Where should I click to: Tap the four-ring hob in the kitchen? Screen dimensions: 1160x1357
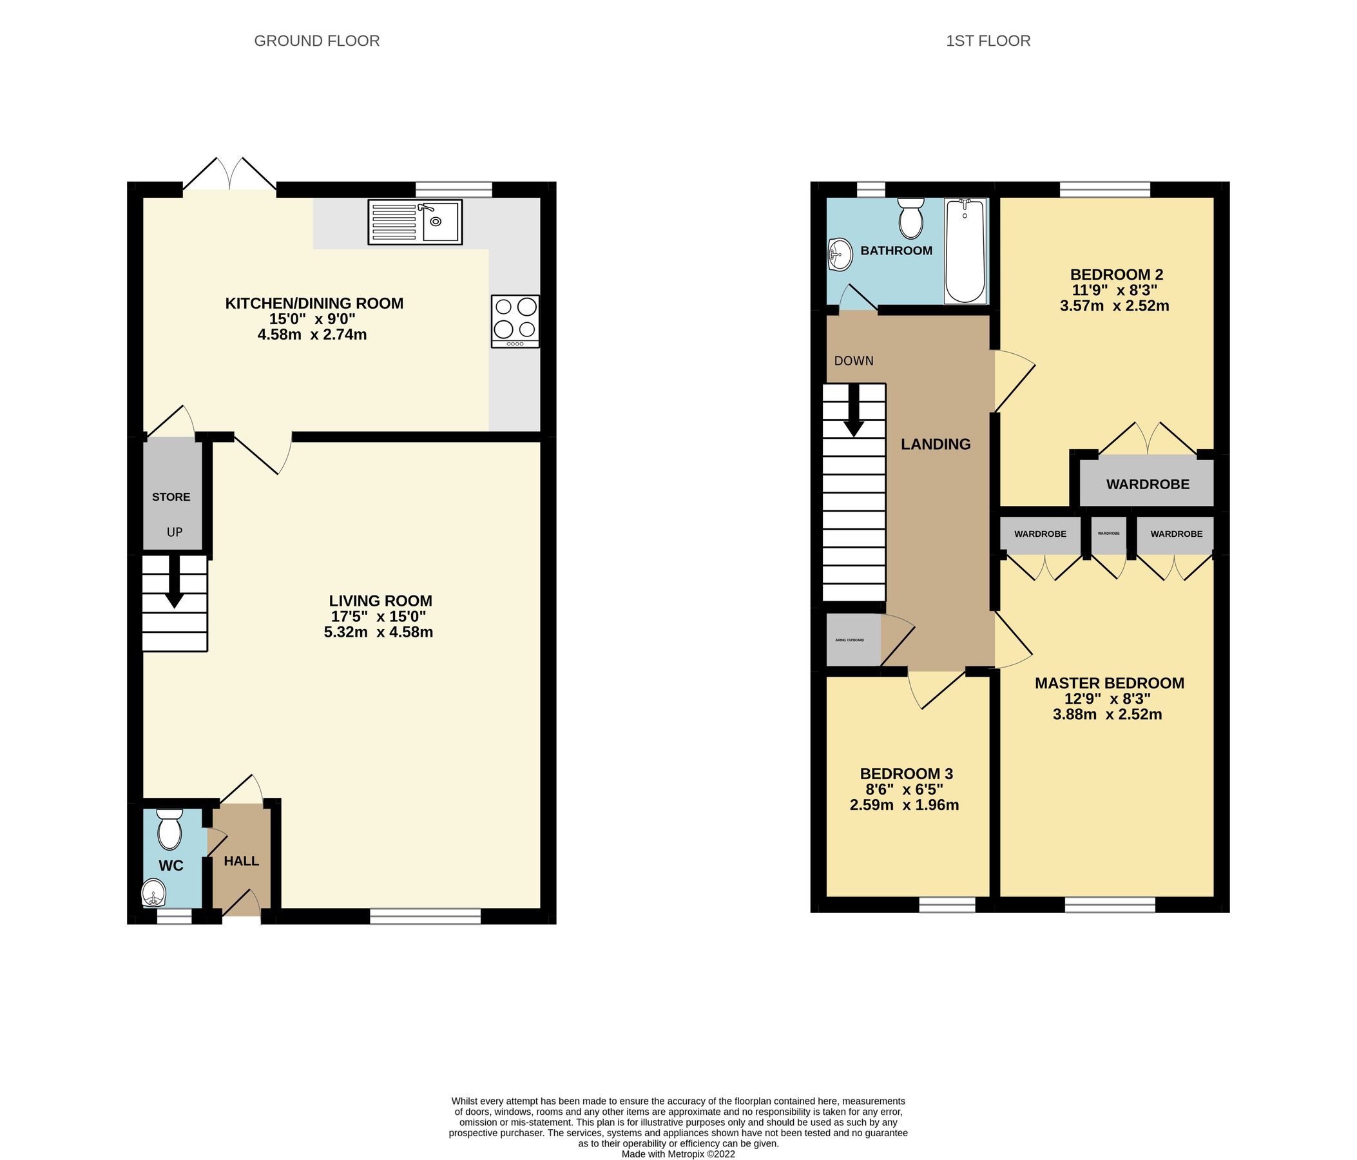coord(515,321)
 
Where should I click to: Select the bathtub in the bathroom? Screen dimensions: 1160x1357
coord(965,251)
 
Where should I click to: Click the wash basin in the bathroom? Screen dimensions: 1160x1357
coord(840,254)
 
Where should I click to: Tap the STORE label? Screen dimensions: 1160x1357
coord(171,497)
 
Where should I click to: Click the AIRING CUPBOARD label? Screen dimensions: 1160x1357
coord(849,640)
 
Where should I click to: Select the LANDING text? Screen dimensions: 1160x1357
coord(935,444)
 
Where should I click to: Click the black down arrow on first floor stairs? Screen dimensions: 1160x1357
coord(853,411)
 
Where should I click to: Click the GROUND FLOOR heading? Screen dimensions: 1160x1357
coord(316,41)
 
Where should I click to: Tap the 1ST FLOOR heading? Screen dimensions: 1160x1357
coord(988,41)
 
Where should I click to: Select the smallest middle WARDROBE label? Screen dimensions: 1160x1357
coord(1108,533)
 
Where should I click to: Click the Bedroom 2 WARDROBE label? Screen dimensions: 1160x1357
coord(1148,484)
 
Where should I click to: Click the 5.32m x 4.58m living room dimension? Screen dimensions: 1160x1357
coord(378,632)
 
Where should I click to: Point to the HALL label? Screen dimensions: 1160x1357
coord(241,861)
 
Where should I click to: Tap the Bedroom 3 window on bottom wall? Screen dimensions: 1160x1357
coord(947,905)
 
